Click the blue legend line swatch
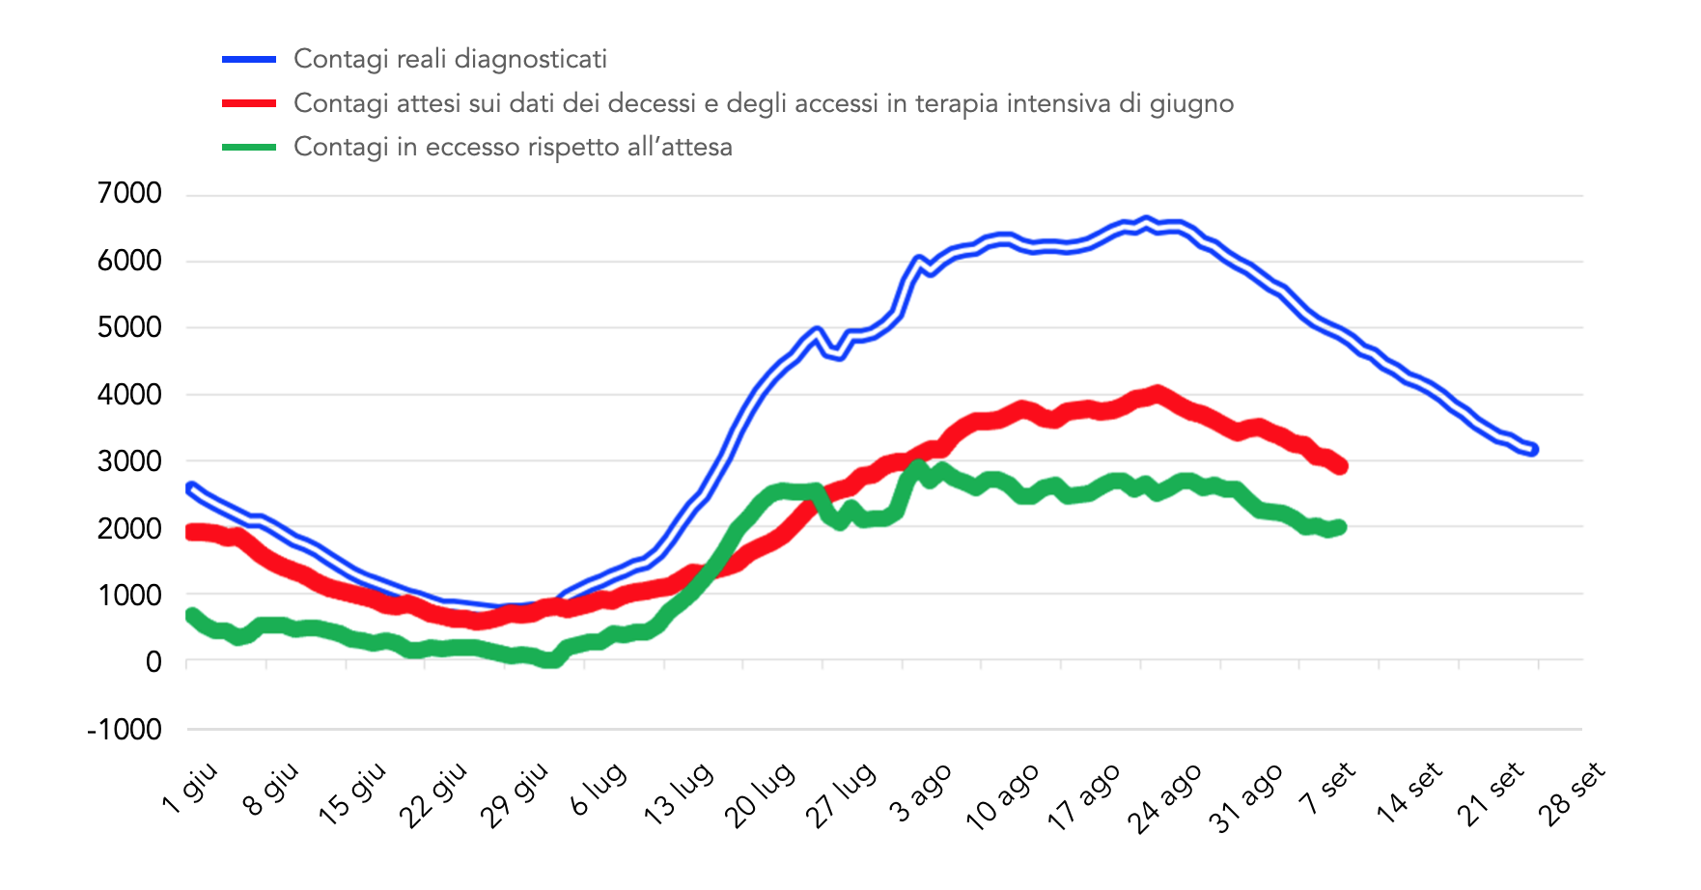(x=249, y=60)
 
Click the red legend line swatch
(x=249, y=103)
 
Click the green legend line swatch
(x=249, y=147)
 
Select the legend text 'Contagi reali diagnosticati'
(x=450, y=60)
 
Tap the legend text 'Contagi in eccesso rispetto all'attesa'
(x=513, y=147)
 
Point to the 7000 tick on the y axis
(x=129, y=194)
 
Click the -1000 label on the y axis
(x=125, y=730)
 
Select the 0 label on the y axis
(x=153, y=662)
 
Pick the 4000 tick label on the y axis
(x=129, y=395)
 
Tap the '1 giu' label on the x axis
(x=190, y=789)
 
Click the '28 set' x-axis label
(x=1571, y=794)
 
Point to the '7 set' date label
(x=1326, y=789)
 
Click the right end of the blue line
(x=1533, y=449)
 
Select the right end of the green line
(x=1340, y=527)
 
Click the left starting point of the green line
(x=191, y=615)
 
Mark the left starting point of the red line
(x=191, y=532)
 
